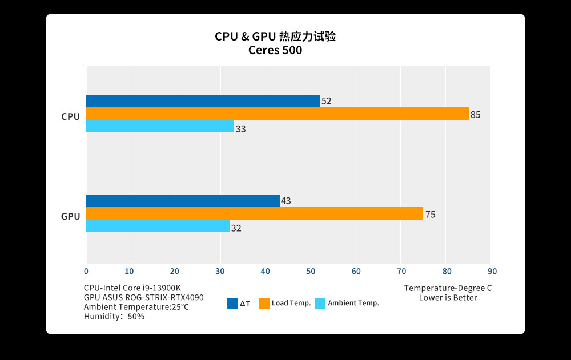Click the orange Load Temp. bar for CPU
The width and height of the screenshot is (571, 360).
[x=277, y=114]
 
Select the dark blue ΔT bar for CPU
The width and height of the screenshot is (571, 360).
[x=203, y=101]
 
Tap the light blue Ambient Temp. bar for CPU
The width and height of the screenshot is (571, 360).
[x=160, y=126]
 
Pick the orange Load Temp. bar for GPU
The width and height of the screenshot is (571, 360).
[x=254, y=213]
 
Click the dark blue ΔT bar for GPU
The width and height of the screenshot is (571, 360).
[x=183, y=201]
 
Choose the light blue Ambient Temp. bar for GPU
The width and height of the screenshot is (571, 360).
[x=158, y=226]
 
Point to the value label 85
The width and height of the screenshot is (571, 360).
[x=475, y=115]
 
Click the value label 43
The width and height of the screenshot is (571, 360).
[x=286, y=201]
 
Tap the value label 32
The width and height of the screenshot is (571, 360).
[x=236, y=228]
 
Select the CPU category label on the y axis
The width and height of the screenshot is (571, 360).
[x=71, y=116]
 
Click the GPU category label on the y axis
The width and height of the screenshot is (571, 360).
[x=71, y=216]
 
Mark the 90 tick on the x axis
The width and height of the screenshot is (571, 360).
[x=490, y=271]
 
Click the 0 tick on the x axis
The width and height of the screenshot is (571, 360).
[x=86, y=271]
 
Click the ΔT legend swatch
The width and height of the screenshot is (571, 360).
[x=232, y=304]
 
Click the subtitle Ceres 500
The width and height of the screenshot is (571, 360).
[x=275, y=50]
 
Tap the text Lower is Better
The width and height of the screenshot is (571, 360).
[x=448, y=297]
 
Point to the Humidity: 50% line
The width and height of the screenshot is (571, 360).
[x=114, y=316]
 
